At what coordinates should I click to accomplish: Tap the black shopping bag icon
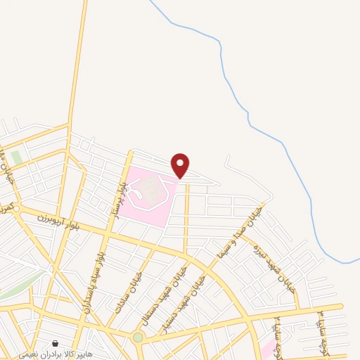pyautogui.click(x=55, y=344)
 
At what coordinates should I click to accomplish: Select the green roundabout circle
pyautogui.click(x=139, y=337)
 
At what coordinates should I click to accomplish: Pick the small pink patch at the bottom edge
pyautogui.click(x=267, y=350)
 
